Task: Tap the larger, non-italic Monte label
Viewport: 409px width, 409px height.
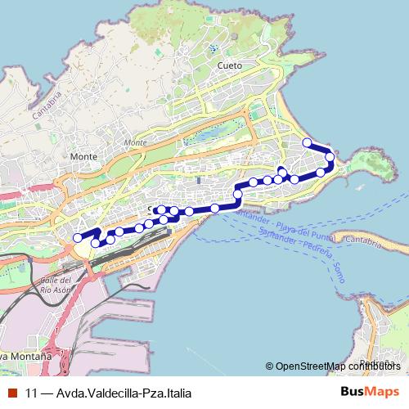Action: [x=83, y=156]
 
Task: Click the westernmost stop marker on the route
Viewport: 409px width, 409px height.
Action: [x=79, y=238]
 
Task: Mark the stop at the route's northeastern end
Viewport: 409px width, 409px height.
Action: [x=308, y=143]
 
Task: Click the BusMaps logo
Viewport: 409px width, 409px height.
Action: [x=370, y=391]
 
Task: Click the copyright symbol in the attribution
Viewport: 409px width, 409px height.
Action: [x=269, y=367]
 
